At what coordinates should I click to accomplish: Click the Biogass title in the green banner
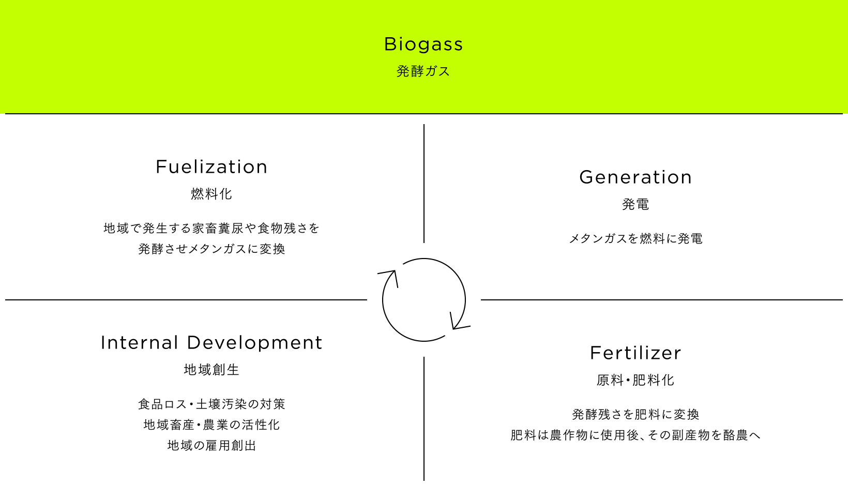click(423, 44)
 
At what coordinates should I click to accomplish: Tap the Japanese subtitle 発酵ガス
click(423, 71)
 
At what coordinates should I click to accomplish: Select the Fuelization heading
click(211, 167)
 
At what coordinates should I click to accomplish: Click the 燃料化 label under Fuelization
click(211, 194)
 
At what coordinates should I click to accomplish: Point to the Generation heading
click(635, 177)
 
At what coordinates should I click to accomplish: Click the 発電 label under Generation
click(635, 204)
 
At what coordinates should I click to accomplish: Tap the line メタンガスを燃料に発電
click(635, 238)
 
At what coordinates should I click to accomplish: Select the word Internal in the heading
click(139, 343)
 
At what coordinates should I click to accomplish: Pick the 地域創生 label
click(211, 370)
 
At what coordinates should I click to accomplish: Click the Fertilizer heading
click(635, 353)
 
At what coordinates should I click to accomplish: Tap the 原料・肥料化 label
click(635, 380)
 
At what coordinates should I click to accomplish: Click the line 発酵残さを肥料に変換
click(635, 415)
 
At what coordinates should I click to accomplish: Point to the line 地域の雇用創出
click(211, 446)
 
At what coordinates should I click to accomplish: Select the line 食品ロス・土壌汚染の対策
click(211, 404)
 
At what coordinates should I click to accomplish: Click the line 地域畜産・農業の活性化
click(211, 424)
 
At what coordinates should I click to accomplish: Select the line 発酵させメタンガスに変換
click(211, 249)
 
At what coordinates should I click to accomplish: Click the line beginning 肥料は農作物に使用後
click(635, 435)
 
